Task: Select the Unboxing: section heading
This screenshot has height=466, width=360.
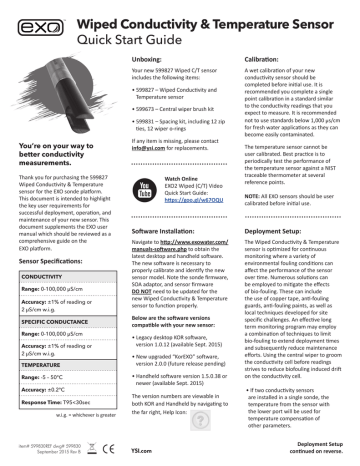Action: tap(150, 60)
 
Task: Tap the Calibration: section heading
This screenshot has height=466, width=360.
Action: tap(263, 60)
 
